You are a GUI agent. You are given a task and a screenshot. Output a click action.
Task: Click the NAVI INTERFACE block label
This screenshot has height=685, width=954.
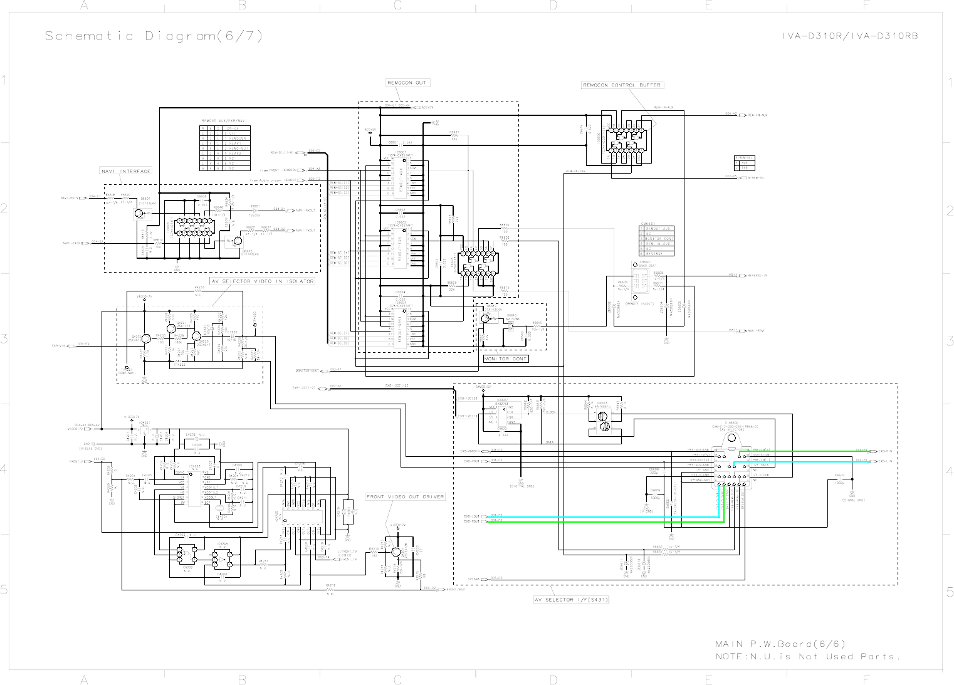click(x=126, y=171)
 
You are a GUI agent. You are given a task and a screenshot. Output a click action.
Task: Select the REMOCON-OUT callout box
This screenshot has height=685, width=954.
click(x=407, y=83)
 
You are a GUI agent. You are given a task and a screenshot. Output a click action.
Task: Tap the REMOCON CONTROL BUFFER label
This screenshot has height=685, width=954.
click(x=622, y=85)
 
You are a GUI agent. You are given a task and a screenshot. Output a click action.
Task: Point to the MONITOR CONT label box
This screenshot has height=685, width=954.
click(x=505, y=359)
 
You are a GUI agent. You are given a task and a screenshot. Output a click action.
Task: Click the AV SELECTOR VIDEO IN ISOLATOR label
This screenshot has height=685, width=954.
click(x=262, y=281)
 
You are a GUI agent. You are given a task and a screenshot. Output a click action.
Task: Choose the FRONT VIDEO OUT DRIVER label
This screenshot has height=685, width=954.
click(x=405, y=497)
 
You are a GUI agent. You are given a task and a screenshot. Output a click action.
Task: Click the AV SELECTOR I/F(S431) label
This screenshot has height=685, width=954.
click(x=571, y=600)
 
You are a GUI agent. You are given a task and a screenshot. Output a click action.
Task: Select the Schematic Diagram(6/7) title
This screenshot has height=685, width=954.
click(x=154, y=36)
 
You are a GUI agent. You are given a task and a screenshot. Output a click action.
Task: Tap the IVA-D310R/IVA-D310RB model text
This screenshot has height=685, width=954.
click(x=849, y=36)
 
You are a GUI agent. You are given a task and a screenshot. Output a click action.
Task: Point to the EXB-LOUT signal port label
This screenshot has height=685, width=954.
click(x=471, y=516)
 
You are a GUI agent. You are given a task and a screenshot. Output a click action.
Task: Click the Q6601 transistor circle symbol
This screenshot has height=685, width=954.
click(x=139, y=214)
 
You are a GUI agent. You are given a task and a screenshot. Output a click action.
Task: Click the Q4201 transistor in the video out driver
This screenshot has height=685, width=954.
click(x=396, y=552)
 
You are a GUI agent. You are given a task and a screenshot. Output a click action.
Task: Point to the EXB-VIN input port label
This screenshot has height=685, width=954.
click(x=60, y=345)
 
